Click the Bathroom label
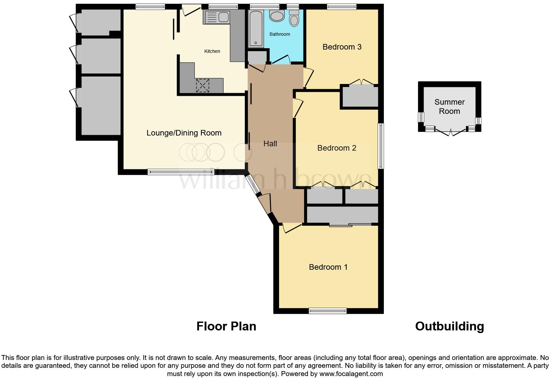280,34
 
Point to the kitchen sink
217,17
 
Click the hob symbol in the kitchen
202,86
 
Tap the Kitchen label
212,51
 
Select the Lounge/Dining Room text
184,133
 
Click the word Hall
270,144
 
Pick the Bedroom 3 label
342,47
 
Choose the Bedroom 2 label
337,148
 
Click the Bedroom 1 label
328,267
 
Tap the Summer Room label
449,107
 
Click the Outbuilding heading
449,326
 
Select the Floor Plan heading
226,326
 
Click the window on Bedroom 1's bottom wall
328,311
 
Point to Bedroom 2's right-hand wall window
381,146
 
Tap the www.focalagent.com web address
351,374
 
